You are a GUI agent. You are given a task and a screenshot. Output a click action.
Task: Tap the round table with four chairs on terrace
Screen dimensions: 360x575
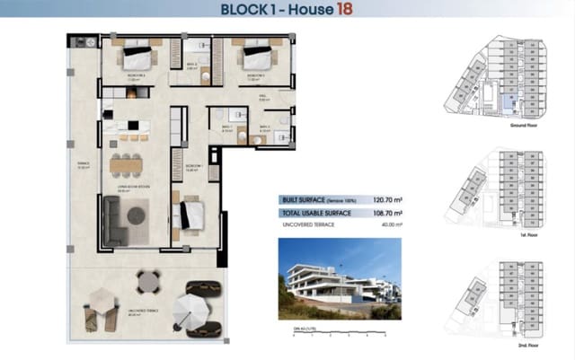pos(149,283)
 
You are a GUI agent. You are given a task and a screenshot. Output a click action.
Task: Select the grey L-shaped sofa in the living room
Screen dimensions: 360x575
pos(117,222)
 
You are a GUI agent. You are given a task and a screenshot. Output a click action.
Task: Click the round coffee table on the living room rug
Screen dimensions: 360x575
pos(135,216)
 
